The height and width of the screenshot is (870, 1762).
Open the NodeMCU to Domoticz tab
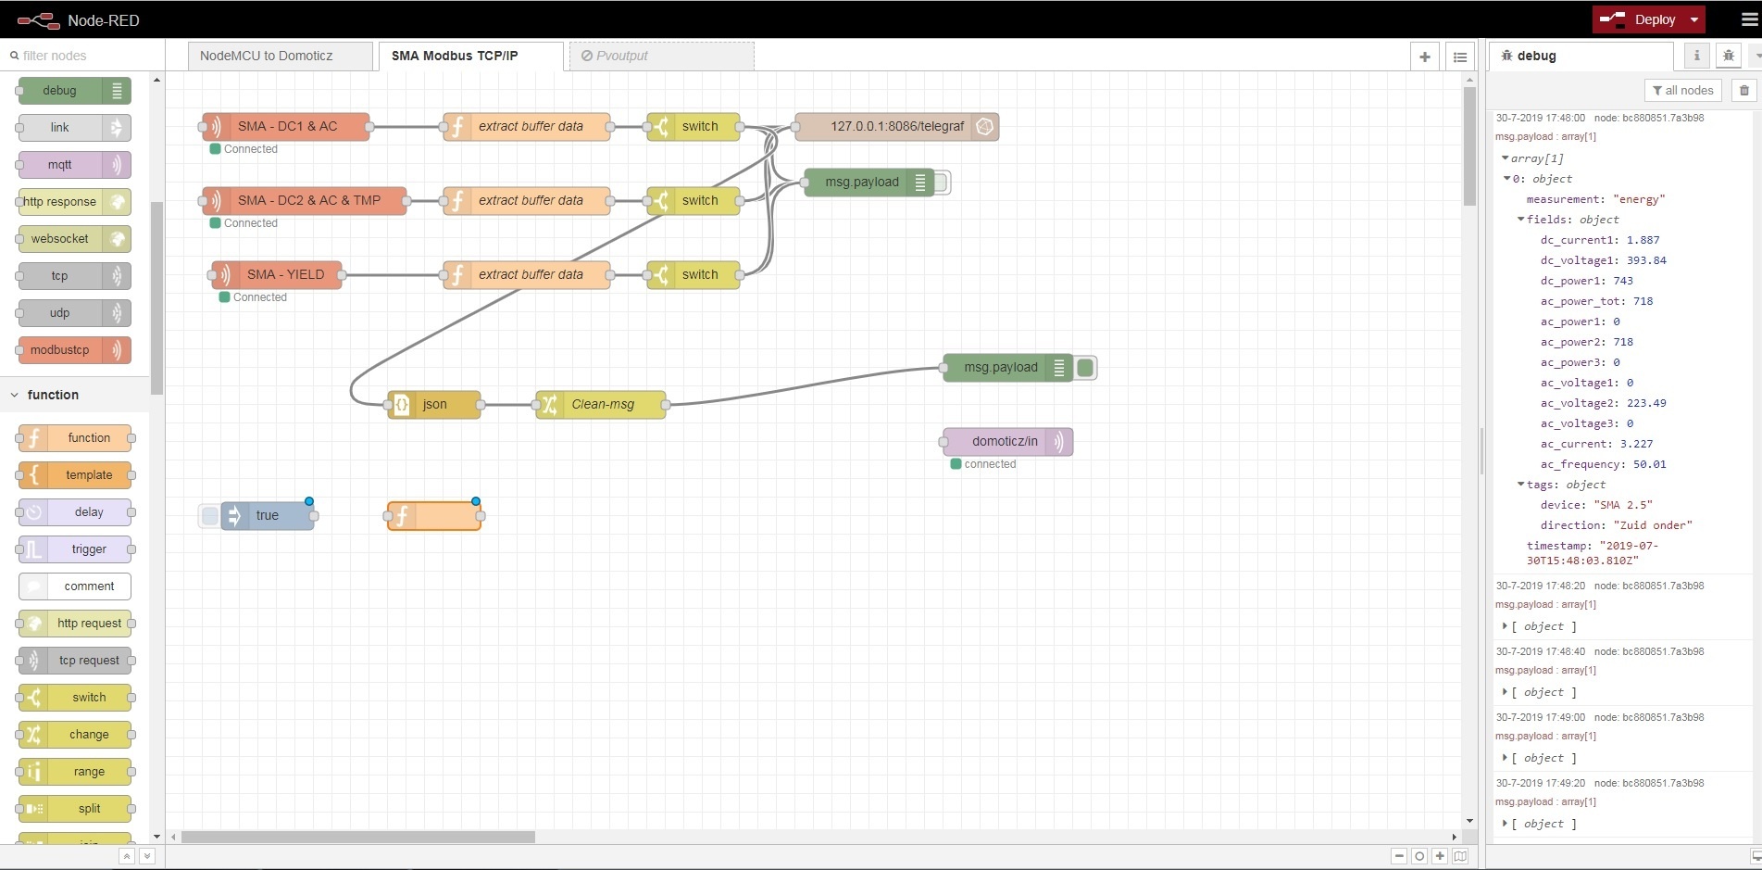click(x=267, y=56)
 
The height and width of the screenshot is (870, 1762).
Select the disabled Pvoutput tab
click(x=621, y=56)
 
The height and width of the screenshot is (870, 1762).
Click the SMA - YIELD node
click(x=284, y=275)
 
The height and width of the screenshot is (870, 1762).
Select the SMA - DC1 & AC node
click(x=287, y=127)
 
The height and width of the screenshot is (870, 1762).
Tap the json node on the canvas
click(x=434, y=405)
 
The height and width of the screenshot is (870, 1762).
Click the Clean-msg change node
click(x=602, y=405)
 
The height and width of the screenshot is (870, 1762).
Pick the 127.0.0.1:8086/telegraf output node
click(x=895, y=127)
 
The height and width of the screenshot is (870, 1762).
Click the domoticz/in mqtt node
click(x=1005, y=442)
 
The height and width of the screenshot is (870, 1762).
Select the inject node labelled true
click(x=267, y=516)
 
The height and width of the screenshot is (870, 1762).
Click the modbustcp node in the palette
click(x=61, y=350)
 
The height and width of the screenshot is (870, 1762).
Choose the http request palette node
click(x=88, y=624)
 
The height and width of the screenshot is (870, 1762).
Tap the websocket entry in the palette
click(x=61, y=239)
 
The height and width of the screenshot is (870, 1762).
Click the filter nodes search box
click(x=83, y=56)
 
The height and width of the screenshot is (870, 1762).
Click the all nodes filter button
click(x=1682, y=90)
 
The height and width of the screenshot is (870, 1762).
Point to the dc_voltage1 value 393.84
click(x=1646, y=260)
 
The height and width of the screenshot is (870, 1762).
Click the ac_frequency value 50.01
click(x=1649, y=464)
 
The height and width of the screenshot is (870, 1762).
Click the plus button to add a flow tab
click(x=1425, y=57)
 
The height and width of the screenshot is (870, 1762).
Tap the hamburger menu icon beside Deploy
click(x=1749, y=19)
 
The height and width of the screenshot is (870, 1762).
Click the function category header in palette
click(x=53, y=395)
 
